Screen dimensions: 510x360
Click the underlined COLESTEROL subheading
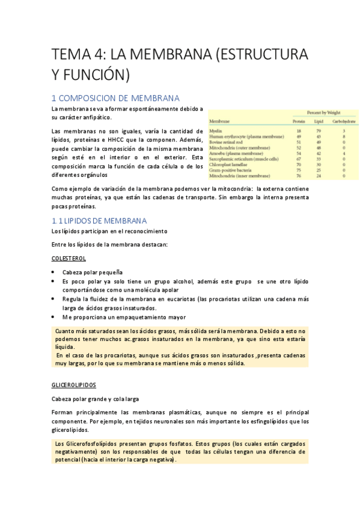[69, 258]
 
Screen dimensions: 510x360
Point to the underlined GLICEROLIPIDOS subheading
[74, 384]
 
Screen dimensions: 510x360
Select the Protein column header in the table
[299, 121]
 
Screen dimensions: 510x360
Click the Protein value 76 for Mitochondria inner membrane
[299, 176]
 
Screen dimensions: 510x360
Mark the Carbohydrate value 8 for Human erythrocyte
[343, 137]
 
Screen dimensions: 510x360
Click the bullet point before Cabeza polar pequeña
[55, 272]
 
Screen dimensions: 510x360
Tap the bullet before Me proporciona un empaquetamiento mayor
[55, 317]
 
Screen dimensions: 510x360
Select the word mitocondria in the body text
[230, 189]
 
